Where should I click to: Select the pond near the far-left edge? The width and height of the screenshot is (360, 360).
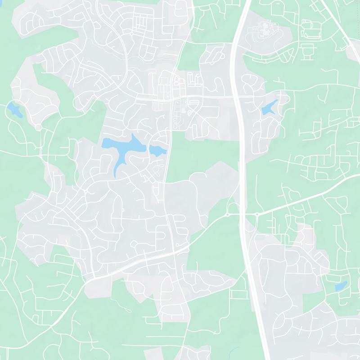pos(14,109)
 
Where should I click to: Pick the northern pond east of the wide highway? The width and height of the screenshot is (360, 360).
pos(270,107)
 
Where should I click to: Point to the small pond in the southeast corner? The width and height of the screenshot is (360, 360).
pos(341,285)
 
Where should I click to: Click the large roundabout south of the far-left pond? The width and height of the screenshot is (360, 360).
pos(38,128)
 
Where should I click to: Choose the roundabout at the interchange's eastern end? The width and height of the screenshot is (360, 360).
pos(257,214)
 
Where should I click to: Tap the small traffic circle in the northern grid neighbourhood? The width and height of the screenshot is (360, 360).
pos(131,33)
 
